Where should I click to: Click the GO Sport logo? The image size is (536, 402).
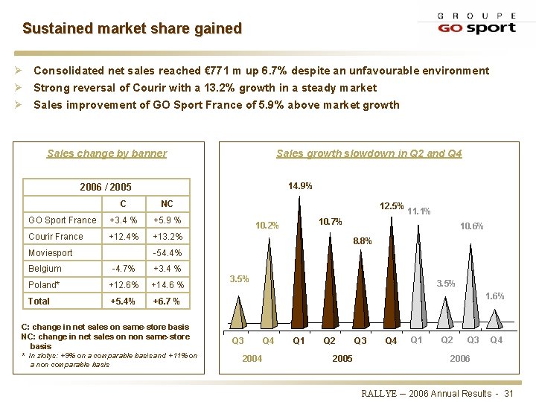476,23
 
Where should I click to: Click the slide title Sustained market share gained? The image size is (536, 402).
132,28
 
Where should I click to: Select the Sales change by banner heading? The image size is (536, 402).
106,153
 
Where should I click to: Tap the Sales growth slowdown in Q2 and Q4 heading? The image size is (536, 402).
368,153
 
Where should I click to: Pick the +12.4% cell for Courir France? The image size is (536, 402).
123,237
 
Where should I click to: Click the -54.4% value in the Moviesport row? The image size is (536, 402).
167,253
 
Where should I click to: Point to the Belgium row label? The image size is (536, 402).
45,269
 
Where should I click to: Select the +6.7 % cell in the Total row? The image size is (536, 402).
167,301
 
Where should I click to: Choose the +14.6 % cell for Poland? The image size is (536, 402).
167,285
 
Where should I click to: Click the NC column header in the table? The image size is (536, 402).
167,203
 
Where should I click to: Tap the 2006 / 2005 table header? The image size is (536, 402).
106,187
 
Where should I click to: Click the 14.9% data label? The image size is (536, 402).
300,186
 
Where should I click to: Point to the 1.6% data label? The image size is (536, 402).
494,296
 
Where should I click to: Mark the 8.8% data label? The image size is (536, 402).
362,240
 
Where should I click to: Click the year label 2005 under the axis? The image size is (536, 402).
342,358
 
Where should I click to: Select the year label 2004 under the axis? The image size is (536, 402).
252,358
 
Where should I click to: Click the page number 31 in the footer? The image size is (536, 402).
509,393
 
